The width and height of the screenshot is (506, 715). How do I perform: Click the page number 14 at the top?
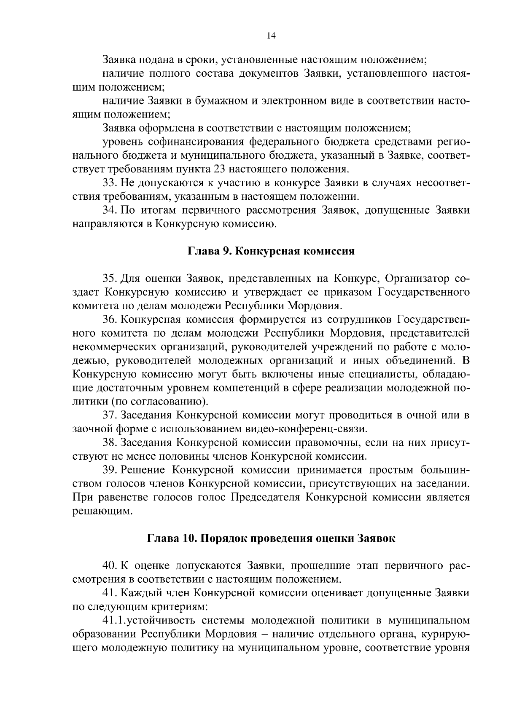[x=271, y=36]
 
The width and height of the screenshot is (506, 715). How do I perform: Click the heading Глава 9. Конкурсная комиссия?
[x=271, y=252]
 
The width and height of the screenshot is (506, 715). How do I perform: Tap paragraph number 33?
[x=110, y=183]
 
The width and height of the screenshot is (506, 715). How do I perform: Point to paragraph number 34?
[x=110, y=210]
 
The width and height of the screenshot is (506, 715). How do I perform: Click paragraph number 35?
[x=110, y=279]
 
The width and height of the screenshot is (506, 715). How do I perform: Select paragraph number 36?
[x=110, y=320]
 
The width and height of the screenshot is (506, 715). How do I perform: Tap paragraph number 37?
[x=110, y=415]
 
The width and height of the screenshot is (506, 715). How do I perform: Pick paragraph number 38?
[x=110, y=443]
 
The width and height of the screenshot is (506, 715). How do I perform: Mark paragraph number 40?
[x=110, y=565]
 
